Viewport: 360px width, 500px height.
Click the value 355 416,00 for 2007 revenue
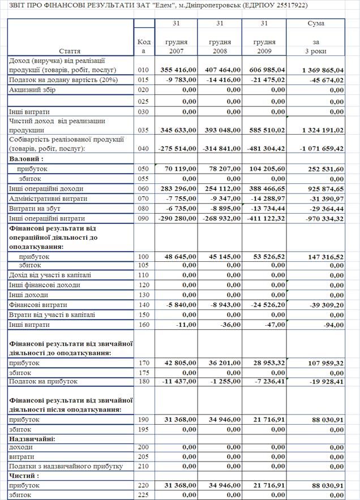(178, 70)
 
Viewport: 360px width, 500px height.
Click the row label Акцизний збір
(33, 89)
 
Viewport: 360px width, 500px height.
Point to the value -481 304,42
(264, 149)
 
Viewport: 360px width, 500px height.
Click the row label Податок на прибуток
(43, 381)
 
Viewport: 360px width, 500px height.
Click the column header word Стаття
(69, 51)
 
